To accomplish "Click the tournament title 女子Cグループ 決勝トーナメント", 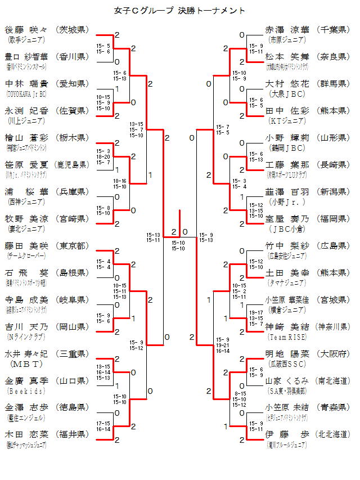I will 179,10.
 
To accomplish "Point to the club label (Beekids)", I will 21,390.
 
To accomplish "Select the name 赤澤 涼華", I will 287,29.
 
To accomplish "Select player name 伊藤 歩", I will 287,434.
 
